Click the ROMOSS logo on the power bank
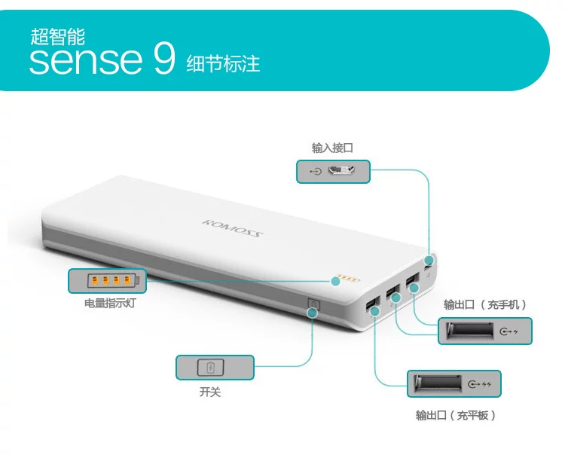click(x=233, y=228)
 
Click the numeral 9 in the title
click(x=164, y=58)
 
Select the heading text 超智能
click(x=58, y=37)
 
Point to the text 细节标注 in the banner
click(x=223, y=64)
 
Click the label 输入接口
click(x=332, y=148)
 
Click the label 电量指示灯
click(x=110, y=304)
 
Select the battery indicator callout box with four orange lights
click(x=108, y=281)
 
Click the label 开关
click(x=209, y=392)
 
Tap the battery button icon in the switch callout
click(x=210, y=368)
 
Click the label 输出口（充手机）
click(x=485, y=305)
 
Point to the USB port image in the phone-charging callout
click(x=469, y=331)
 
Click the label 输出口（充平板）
click(x=456, y=415)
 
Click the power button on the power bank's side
click(x=314, y=304)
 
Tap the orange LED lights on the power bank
click(x=347, y=278)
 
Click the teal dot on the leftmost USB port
click(x=375, y=311)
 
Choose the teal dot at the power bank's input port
click(x=429, y=260)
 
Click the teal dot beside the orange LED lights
click(x=335, y=281)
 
